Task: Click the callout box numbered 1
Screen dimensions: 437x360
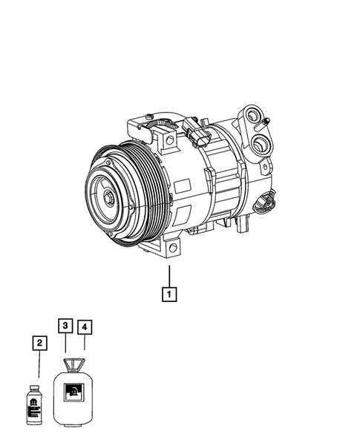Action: tap(170, 295)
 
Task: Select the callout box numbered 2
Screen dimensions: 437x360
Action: tap(39, 343)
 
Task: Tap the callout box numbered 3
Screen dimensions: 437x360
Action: tap(66, 326)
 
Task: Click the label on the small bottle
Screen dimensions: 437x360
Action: tap(34, 405)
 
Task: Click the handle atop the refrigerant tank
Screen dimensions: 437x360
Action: tap(73, 363)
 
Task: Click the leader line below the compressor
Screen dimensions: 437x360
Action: tap(170, 275)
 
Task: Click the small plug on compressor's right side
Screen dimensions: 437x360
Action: tap(266, 201)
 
